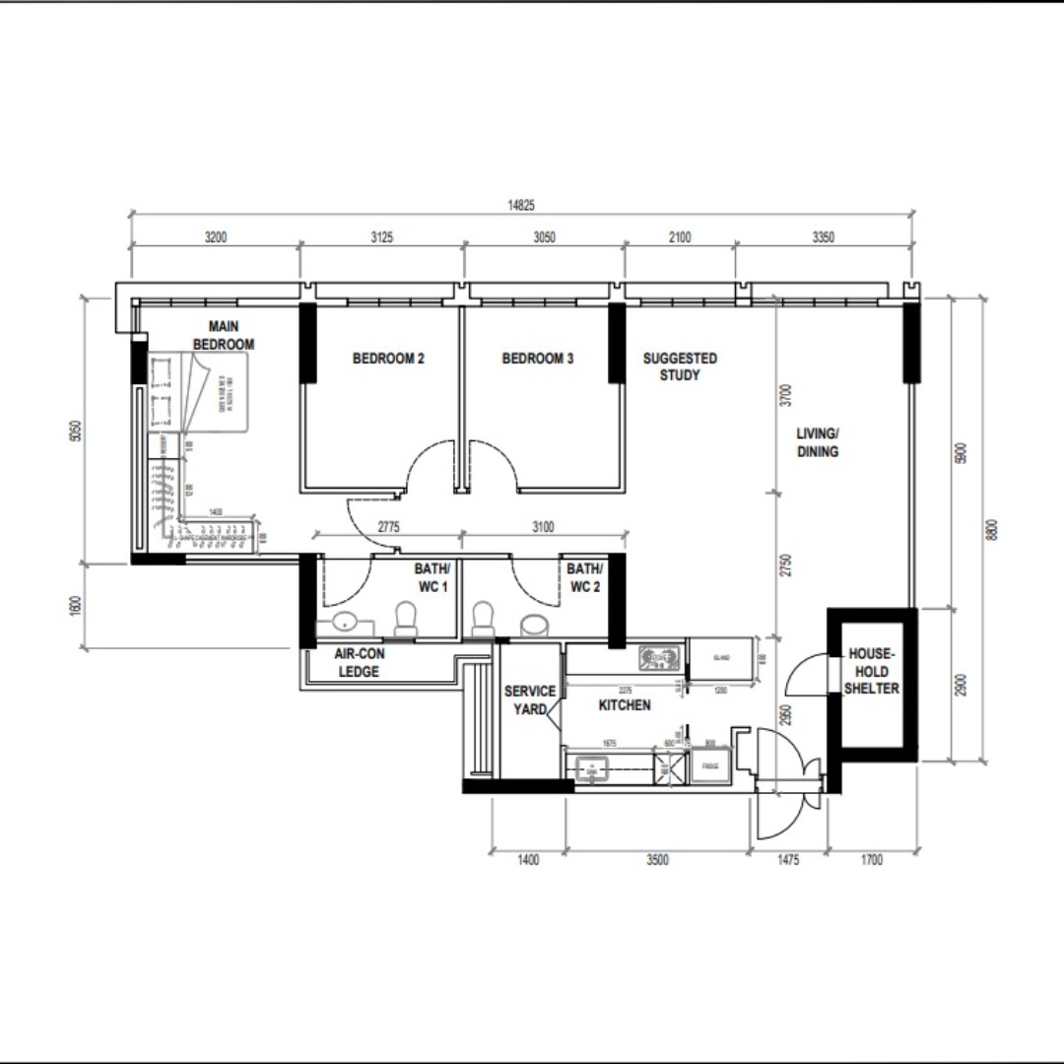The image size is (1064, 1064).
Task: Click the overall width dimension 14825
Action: [521, 205]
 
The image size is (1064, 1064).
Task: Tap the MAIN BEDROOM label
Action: [223, 336]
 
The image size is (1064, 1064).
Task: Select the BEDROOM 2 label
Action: [388, 359]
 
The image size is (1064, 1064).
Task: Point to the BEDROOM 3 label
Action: [537, 359]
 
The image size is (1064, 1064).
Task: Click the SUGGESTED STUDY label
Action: [680, 366]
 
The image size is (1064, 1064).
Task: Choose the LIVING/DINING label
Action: [818, 442]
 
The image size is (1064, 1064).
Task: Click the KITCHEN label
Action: [625, 705]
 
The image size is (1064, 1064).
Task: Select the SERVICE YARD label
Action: [529, 699]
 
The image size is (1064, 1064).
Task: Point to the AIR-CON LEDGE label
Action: [358, 662]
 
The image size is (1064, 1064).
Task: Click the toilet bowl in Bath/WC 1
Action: [405, 620]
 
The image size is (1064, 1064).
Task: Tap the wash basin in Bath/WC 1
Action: [344, 622]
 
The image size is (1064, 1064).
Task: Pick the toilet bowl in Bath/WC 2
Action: [483, 620]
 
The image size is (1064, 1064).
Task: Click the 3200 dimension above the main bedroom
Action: [215, 237]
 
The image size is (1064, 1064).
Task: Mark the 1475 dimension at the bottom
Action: [788, 860]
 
